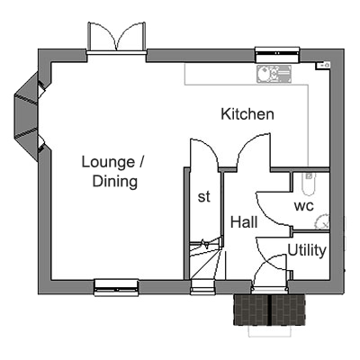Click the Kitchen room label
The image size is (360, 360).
(247, 114)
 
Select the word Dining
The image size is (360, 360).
(115, 182)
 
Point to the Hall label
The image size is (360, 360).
(244, 222)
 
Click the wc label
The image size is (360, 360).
(304, 206)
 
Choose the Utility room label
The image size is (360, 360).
(307, 250)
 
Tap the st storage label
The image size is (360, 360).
(204, 197)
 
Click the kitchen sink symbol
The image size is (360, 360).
(274, 74)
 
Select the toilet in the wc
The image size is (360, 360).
(309, 184)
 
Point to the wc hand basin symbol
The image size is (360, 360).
(322, 222)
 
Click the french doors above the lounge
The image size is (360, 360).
(117, 38)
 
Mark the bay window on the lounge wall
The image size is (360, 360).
(26, 116)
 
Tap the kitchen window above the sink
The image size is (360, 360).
(277, 54)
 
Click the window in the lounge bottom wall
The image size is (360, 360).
(116, 287)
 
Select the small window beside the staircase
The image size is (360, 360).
(202, 287)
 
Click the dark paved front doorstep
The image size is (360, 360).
(269, 310)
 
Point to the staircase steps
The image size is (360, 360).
(206, 258)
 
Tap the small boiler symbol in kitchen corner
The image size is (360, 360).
(323, 65)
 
